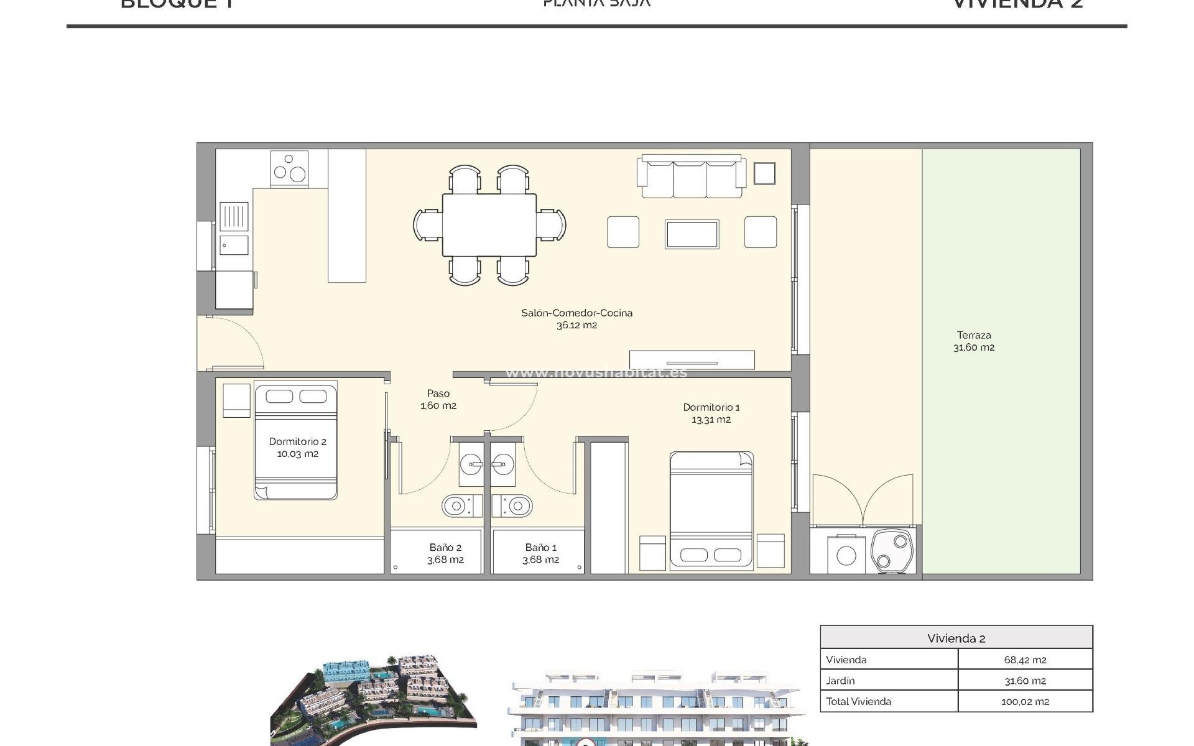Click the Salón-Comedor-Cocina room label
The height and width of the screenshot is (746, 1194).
click(x=576, y=318)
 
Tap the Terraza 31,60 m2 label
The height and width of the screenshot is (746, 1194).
click(x=974, y=341)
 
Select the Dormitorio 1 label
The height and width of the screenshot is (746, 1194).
click(x=711, y=413)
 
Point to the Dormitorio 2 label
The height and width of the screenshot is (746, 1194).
click(x=297, y=447)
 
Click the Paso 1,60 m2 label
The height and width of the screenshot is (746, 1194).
click(x=438, y=399)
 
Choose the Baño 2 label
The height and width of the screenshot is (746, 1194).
click(x=445, y=553)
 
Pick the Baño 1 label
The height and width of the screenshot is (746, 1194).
click(x=540, y=553)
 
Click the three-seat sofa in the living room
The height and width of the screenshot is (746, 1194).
click(x=690, y=177)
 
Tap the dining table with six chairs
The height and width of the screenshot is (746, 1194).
click(x=489, y=224)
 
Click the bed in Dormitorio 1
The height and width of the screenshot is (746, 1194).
click(x=711, y=510)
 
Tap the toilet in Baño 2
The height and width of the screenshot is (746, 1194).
click(x=461, y=506)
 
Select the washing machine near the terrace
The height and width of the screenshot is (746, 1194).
click(x=846, y=553)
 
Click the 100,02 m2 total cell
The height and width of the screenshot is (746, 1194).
click(x=1024, y=701)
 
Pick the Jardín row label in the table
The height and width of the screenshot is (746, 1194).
click(x=840, y=681)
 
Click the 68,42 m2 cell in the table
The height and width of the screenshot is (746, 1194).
click(x=1024, y=660)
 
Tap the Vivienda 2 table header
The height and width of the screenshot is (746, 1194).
click(x=956, y=638)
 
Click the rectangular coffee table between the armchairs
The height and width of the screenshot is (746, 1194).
click(x=692, y=234)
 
